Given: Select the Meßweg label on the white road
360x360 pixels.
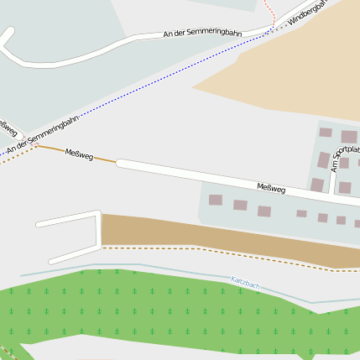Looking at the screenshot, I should pyautogui.click(x=271, y=189).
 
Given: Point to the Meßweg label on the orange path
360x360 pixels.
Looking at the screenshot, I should pyautogui.click(x=79, y=154).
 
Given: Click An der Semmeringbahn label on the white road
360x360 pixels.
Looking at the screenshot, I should pyautogui.click(x=202, y=34).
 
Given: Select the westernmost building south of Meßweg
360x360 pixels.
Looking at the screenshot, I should pyautogui.click(x=216, y=201).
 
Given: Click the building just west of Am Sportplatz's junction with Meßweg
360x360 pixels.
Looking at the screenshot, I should pyautogui.click(x=317, y=185).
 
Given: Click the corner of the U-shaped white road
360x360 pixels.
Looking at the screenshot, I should pyautogui.click(x=98, y=248).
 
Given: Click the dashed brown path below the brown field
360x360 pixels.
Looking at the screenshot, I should pyautogui.click(x=210, y=249).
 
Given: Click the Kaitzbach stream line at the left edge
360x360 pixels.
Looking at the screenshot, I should pyautogui.click(x=25, y=274).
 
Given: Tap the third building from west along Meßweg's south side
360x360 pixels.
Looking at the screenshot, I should pyautogui.click(x=264, y=211).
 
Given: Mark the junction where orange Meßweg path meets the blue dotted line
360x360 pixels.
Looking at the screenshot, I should pyautogui.click(x=37, y=144).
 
